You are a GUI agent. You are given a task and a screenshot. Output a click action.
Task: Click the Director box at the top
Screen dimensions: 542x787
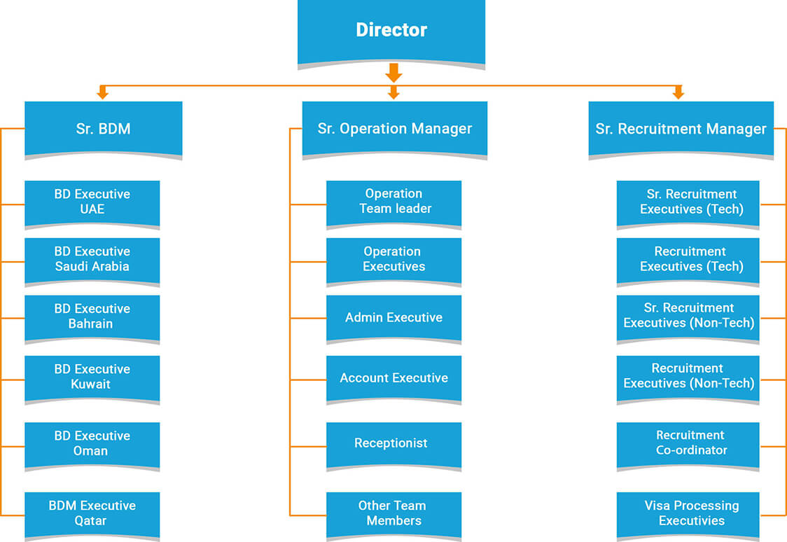coord(391,31)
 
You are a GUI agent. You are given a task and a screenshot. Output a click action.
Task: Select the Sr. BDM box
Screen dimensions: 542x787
coord(103,129)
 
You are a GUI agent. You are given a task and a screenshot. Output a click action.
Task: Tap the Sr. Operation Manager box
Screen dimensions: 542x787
coord(394,129)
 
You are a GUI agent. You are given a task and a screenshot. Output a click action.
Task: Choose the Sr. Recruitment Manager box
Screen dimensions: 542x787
coord(681,129)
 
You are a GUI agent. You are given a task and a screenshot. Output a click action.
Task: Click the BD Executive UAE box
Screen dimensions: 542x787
coord(92,202)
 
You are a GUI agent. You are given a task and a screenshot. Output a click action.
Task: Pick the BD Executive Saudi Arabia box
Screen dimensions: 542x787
coord(92,259)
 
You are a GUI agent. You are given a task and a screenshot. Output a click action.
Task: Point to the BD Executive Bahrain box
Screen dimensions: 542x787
coord(92,317)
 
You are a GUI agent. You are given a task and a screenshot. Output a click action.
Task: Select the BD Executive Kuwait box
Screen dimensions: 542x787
coord(92,377)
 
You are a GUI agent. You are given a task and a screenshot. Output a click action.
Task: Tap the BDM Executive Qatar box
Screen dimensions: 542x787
coord(92,513)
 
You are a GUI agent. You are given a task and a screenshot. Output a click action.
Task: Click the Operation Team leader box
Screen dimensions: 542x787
coord(393,202)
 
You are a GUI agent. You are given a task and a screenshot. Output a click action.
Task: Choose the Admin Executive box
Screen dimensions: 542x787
coord(393,317)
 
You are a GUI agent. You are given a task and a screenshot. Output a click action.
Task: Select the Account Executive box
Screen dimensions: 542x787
coord(393,378)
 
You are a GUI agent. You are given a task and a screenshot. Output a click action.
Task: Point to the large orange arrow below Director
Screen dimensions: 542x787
coord(393,72)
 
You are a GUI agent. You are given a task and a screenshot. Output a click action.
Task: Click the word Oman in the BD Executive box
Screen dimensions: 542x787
coord(91,451)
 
